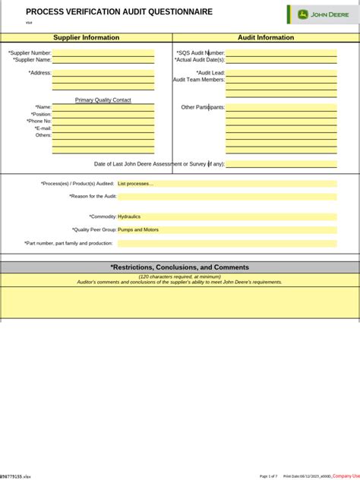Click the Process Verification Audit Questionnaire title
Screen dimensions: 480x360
(x=119, y=12)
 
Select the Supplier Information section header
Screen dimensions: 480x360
(x=86, y=37)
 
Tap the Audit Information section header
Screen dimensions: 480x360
(x=266, y=37)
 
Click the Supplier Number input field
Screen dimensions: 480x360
(x=103, y=53)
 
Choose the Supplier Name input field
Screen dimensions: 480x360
(x=103, y=59)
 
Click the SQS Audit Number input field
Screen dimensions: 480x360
(x=281, y=53)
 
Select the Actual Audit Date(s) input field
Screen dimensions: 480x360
(x=281, y=59)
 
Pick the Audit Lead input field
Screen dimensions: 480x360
(x=281, y=73)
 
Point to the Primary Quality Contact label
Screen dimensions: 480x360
(x=103, y=100)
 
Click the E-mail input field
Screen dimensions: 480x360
(x=103, y=128)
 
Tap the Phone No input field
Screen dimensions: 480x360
(x=103, y=122)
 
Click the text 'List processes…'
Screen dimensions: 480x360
(x=135, y=184)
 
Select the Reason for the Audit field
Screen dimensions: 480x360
(x=226, y=197)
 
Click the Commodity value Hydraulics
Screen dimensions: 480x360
(x=129, y=216)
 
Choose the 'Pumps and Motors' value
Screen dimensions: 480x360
(x=138, y=229)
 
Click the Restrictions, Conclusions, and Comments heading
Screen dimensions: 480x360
(x=180, y=267)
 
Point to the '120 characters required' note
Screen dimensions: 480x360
(x=179, y=276)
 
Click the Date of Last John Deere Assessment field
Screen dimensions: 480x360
(x=281, y=164)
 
